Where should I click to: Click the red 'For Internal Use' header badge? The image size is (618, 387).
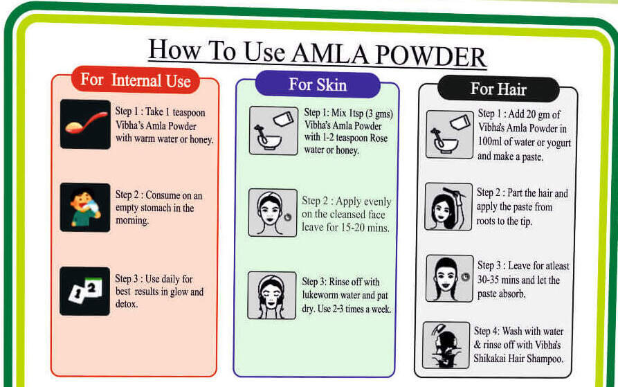[x=135, y=80]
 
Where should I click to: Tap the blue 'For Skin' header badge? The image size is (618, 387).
[x=318, y=85]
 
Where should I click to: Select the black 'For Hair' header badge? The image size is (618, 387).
[x=498, y=89]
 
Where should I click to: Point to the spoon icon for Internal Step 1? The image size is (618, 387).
[x=84, y=124]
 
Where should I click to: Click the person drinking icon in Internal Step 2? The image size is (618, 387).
[x=84, y=207]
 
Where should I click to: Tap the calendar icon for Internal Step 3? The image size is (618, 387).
[x=84, y=291]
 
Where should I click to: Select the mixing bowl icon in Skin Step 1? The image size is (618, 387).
[x=273, y=129]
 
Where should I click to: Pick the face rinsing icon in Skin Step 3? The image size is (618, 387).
[x=272, y=295]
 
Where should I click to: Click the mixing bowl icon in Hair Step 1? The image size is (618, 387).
[x=449, y=134]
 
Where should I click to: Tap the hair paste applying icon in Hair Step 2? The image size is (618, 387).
[x=448, y=206]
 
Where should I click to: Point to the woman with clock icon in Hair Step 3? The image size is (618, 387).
[x=448, y=278]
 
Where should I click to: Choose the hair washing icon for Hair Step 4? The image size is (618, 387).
[x=446, y=344]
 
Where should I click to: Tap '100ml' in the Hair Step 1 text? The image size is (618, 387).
[x=492, y=143]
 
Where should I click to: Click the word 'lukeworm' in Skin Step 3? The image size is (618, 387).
[x=322, y=296]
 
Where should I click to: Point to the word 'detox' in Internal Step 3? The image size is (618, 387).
[x=126, y=304]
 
